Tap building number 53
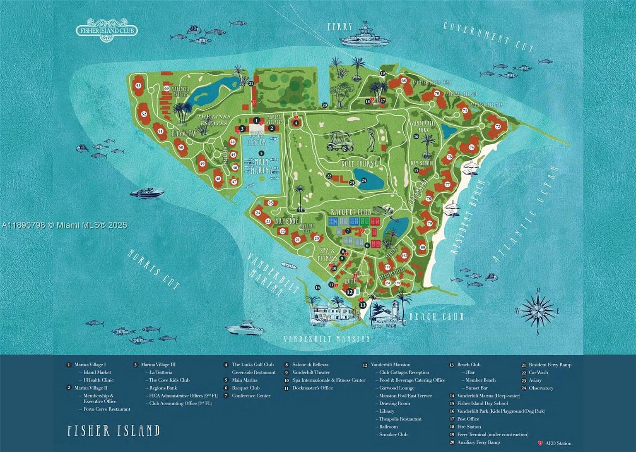[138, 86]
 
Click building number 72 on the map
[498, 126]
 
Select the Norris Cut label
[154, 269]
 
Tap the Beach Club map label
[436, 317]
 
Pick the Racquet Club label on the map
[351, 212]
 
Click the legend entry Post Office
[468, 419]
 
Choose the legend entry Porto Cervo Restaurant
[106, 409]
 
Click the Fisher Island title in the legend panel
[113, 430]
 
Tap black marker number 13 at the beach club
[363, 305]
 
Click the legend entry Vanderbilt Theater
[311, 373]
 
